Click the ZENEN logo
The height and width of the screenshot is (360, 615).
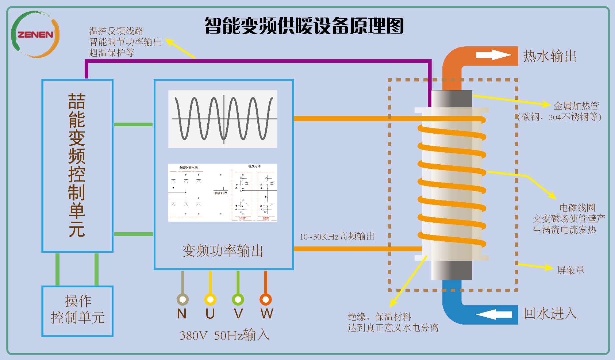(x=35, y=34)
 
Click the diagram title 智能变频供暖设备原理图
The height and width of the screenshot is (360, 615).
(x=304, y=26)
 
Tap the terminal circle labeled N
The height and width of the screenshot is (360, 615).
(x=182, y=299)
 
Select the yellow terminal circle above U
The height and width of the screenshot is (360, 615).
(x=210, y=299)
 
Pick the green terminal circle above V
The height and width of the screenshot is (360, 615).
(x=238, y=299)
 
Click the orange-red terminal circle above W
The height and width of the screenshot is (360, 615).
(x=266, y=299)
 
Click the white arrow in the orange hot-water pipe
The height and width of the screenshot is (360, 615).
(x=493, y=55)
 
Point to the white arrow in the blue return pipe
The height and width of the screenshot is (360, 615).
(x=494, y=314)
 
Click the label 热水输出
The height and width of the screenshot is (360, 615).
(x=550, y=56)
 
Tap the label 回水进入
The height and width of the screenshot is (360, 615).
(x=550, y=313)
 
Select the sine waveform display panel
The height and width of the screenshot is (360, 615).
(x=223, y=119)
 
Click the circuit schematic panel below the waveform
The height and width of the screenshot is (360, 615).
(x=223, y=193)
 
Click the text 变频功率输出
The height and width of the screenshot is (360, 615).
(x=223, y=251)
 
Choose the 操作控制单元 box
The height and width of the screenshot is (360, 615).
(x=77, y=311)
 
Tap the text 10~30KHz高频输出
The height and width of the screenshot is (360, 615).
(x=337, y=237)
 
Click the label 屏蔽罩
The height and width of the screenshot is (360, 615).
(x=570, y=270)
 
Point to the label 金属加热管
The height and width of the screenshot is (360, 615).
(x=576, y=106)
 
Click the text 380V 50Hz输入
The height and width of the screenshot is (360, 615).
(x=225, y=335)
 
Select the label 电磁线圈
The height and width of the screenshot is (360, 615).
(x=577, y=208)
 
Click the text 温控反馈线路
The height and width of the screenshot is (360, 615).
(x=116, y=31)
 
